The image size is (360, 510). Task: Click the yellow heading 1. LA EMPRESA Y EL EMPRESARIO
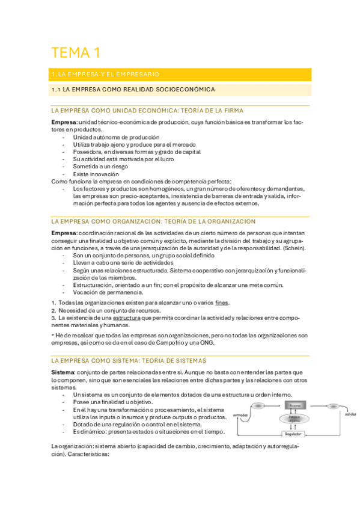106,75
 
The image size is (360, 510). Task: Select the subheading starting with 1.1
132,90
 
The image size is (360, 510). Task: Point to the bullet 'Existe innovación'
97,174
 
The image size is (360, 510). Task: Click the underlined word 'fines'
222,302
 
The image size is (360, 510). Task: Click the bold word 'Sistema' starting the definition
63,373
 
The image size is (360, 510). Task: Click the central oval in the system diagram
294,418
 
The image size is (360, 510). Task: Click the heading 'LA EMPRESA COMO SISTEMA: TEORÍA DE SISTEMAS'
129,360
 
